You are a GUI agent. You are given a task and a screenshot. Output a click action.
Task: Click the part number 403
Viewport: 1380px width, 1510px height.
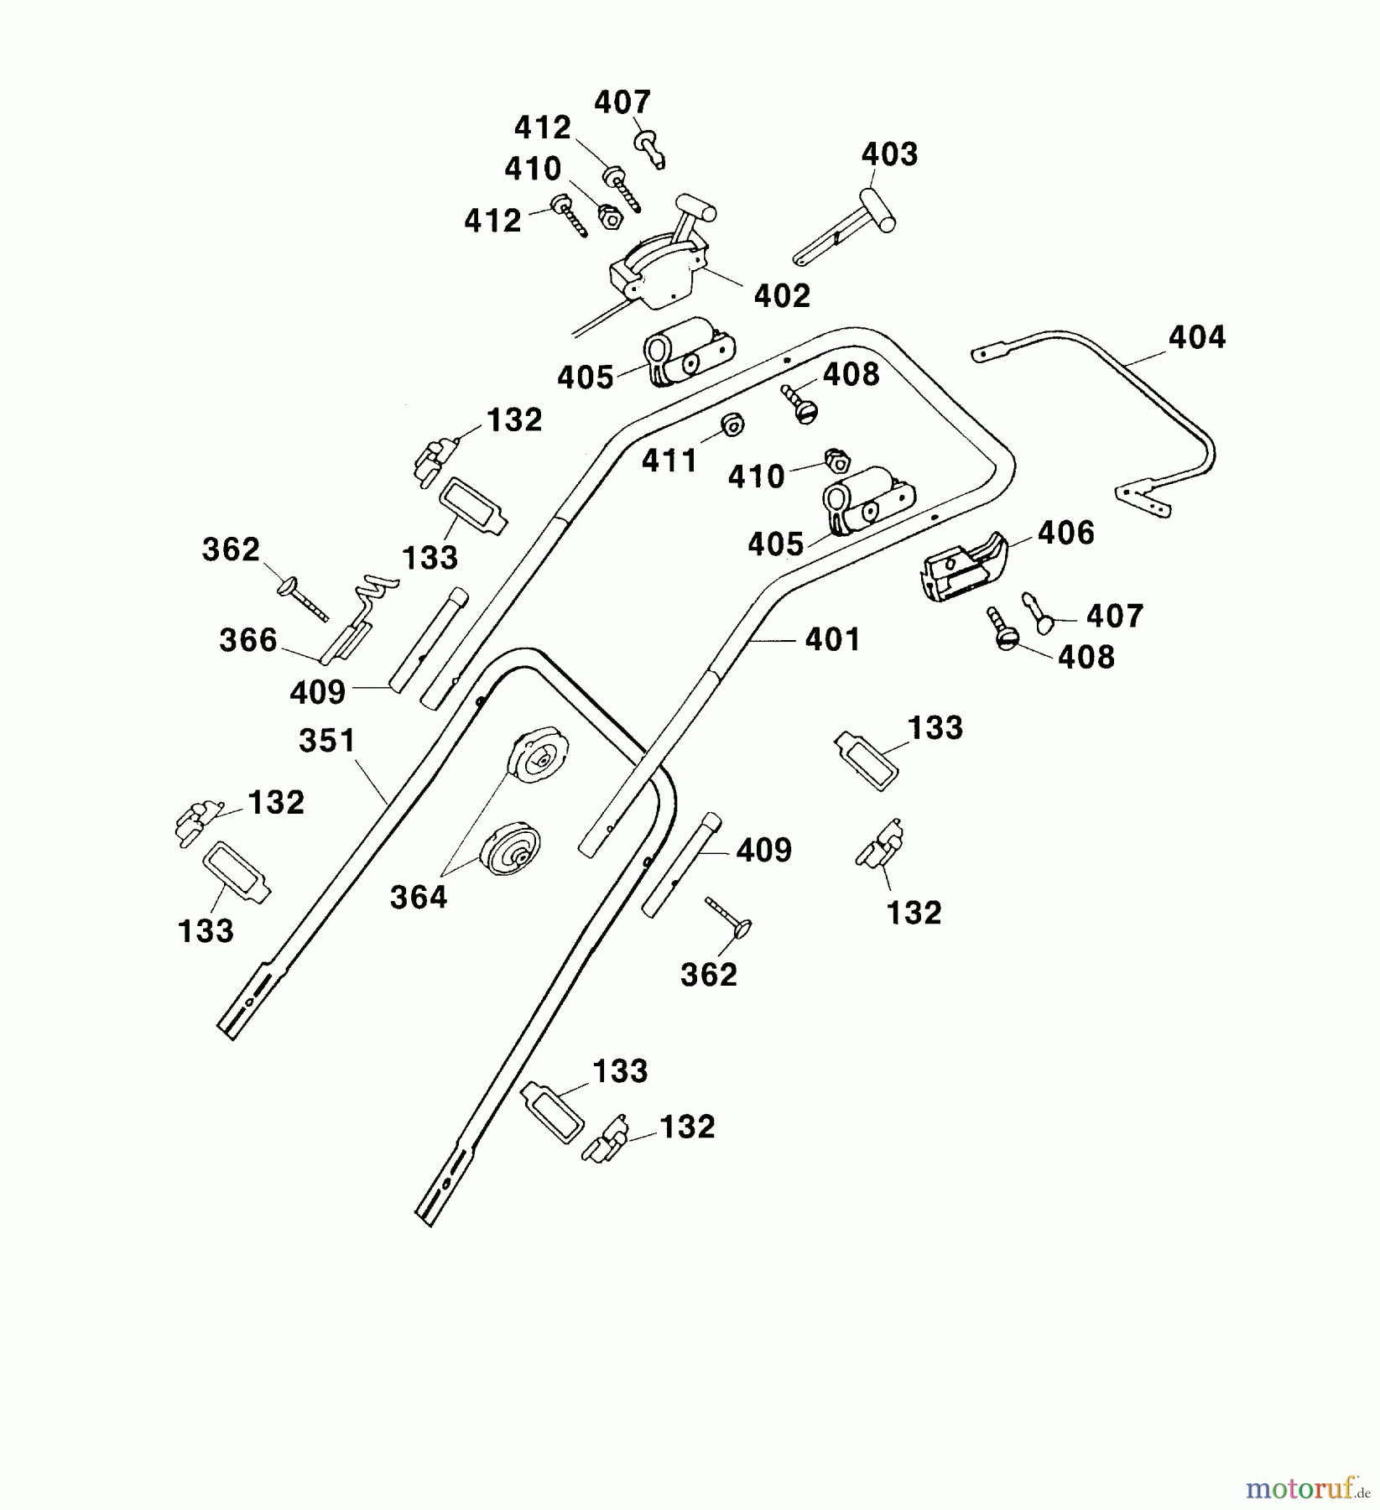(890, 154)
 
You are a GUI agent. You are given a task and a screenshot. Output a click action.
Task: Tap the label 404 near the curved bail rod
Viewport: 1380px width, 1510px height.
(1197, 337)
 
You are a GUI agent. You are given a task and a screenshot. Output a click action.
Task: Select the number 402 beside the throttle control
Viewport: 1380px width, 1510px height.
(782, 295)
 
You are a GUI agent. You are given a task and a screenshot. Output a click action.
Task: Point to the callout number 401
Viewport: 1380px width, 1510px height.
(832, 640)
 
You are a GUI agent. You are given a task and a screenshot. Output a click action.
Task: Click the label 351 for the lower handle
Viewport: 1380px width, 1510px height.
(327, 741)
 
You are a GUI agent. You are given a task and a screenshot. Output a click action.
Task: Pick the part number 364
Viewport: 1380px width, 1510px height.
(419, 898)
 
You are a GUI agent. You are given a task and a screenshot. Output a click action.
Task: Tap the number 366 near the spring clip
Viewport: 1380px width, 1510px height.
(248, 641)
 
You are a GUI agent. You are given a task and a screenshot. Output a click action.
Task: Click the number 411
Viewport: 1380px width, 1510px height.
(669, 461)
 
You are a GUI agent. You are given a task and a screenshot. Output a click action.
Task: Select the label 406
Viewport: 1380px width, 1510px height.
(1066, 533)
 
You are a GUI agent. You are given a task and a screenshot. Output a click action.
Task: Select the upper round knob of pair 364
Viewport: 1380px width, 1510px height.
(537, 754)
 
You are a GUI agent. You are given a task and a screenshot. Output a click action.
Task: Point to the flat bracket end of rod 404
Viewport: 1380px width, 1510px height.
(1145, 500)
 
